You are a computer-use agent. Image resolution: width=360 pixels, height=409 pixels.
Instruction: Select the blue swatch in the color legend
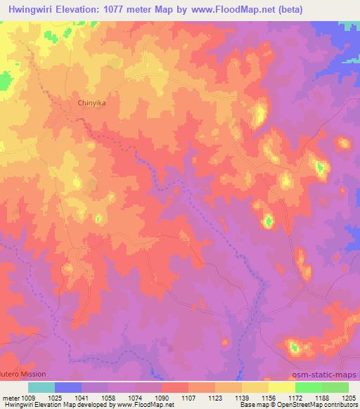pyautogui.click(x=68, y=387)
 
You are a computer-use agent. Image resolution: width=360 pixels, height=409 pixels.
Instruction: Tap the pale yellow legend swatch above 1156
pyautogui.click(x=282, y=387)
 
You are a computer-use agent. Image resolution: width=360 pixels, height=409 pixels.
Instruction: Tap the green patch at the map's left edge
pyautogui.click(x=4, y=80)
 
